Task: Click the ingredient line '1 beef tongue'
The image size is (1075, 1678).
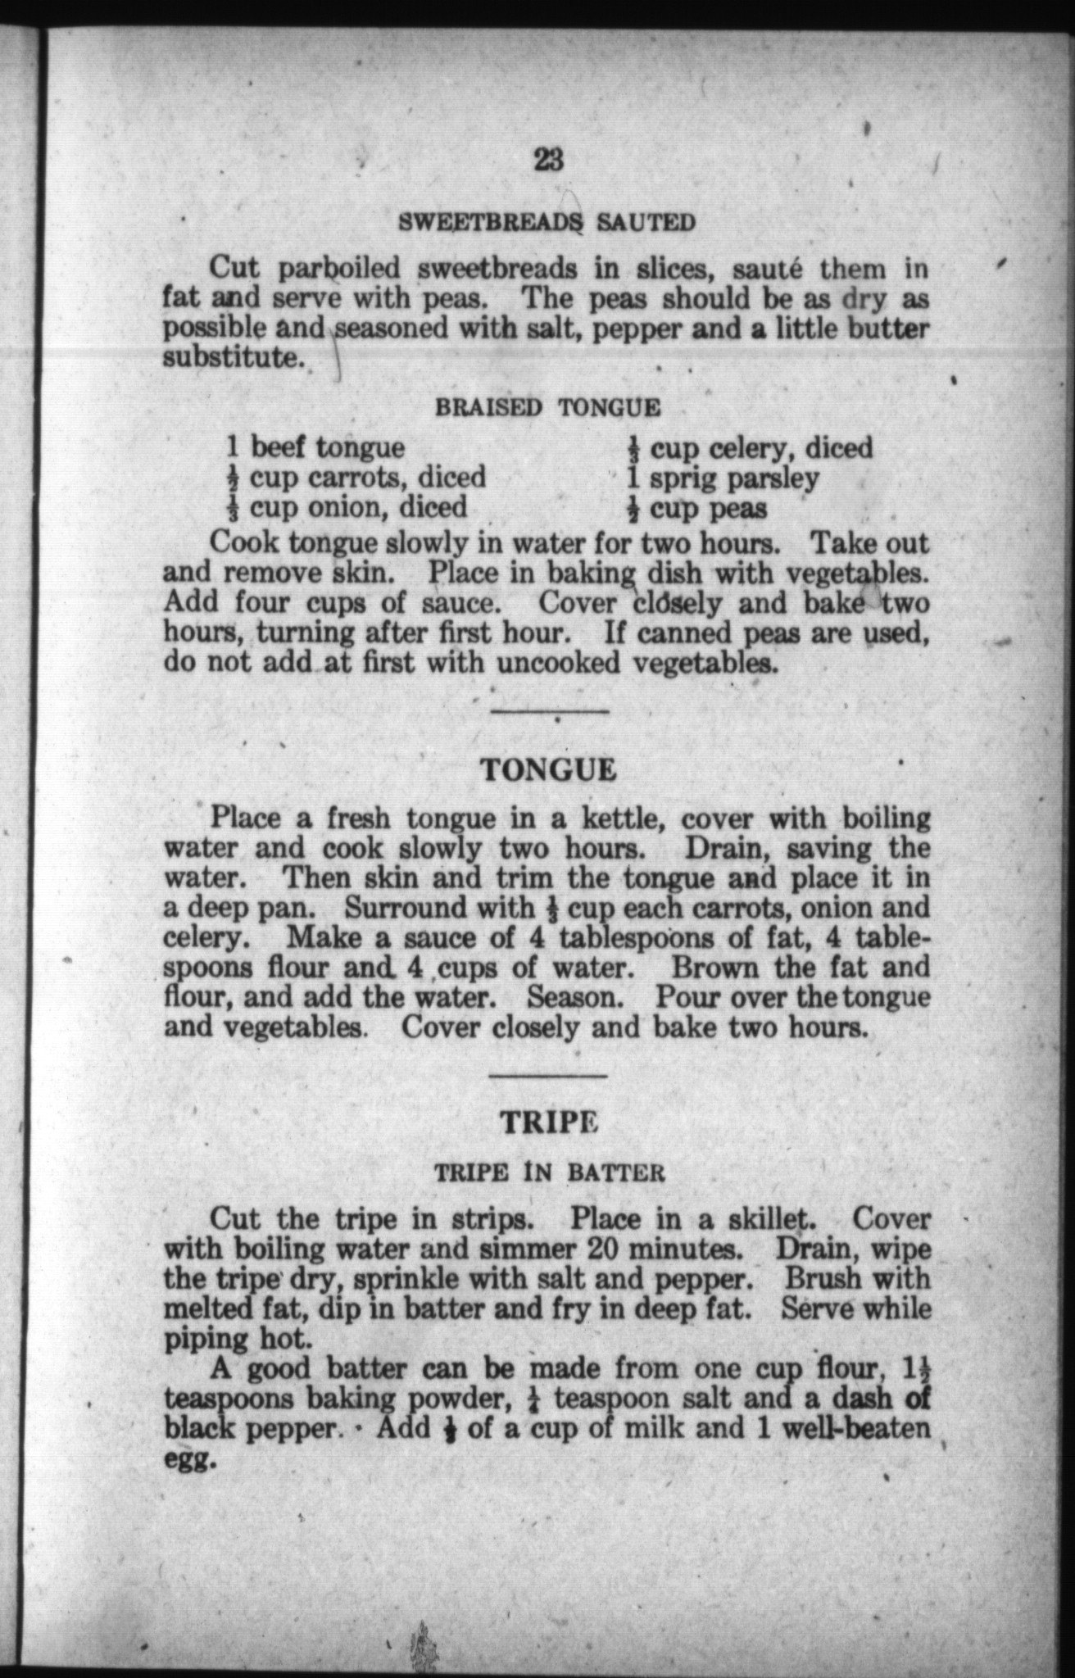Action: [x=315, y=447]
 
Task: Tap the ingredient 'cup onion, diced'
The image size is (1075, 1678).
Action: [x=347, y=507]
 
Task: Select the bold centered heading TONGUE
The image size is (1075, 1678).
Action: [x=547, y=769]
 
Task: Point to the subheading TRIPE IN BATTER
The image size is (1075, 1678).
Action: [x=549, y=1172]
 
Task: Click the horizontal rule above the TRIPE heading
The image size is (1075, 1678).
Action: [x=547, y=1074]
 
